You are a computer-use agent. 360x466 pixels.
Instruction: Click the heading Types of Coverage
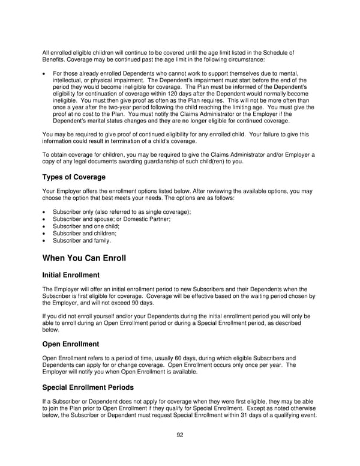74,177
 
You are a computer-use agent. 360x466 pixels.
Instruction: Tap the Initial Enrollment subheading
71,275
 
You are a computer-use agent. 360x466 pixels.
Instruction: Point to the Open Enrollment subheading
71,344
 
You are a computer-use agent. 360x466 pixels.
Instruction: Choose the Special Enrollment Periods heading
88,387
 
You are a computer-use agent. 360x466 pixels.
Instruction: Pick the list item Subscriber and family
82,240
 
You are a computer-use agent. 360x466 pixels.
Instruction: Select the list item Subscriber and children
85,233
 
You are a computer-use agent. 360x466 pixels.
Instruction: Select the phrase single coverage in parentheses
166,212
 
